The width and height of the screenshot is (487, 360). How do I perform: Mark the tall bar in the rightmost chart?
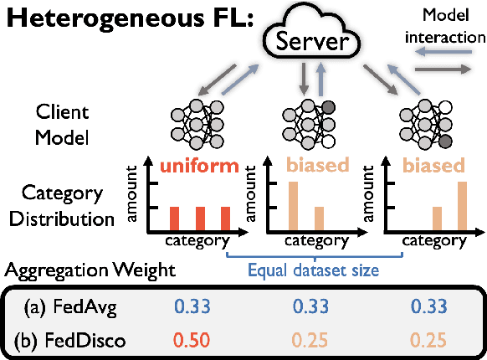coord(463,206)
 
